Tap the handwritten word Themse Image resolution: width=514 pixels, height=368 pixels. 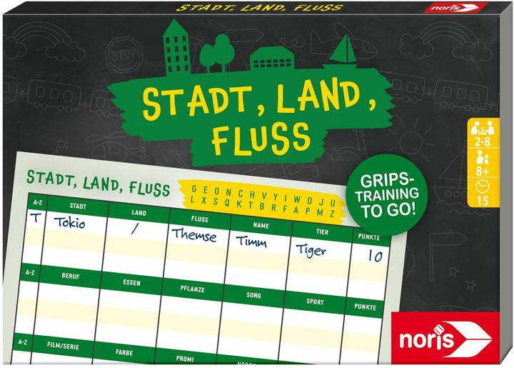[192, 235]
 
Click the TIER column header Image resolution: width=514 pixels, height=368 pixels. [321, 232]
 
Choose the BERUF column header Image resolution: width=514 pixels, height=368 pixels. [70, 274]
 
